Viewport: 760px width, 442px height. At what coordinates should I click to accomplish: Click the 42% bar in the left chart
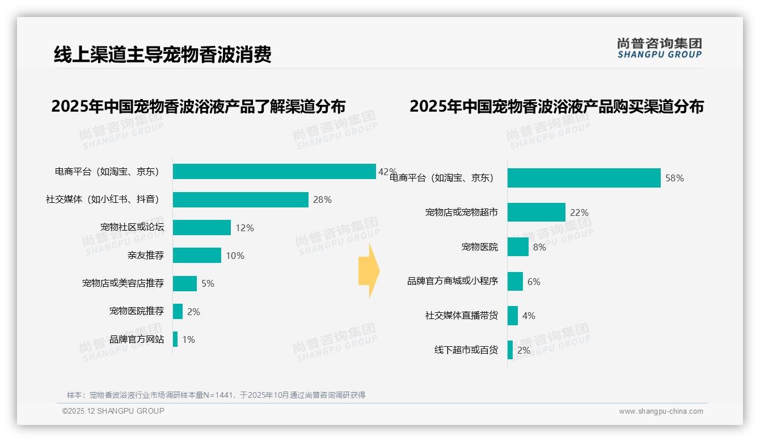(274, 171)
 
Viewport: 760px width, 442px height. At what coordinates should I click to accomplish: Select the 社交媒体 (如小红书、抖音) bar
(240, 199)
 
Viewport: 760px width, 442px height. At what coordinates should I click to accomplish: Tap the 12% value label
(244, 228)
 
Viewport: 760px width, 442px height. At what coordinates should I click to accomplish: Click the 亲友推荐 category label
(146, 256)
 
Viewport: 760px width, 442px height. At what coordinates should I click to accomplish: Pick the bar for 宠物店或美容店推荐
(185, 283)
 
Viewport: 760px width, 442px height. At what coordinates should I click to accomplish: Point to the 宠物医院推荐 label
(137, 311)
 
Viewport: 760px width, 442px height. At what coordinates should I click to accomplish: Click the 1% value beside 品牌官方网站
(188, 339)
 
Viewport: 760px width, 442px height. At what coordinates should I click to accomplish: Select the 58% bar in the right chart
(584, 178)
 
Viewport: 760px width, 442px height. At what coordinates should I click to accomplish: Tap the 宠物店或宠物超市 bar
(536, 212)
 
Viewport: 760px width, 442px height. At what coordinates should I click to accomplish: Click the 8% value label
(539, 247)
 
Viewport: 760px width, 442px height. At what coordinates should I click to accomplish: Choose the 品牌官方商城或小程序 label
(453, 281)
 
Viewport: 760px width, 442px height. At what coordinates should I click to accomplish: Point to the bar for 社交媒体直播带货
(512, 316)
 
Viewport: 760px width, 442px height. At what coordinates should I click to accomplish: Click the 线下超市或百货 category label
(466, 350)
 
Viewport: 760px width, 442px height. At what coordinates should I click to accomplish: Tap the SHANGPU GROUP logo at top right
(659, 48)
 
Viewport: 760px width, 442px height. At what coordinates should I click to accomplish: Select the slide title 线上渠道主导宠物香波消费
(163, 54)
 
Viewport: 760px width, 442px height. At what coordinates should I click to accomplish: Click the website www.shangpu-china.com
(661, 411)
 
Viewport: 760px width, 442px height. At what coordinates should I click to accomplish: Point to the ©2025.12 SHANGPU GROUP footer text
(113, 411)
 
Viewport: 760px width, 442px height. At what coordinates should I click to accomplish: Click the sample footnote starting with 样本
(216, 395)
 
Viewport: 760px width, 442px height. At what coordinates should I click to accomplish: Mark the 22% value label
(579, 212)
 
